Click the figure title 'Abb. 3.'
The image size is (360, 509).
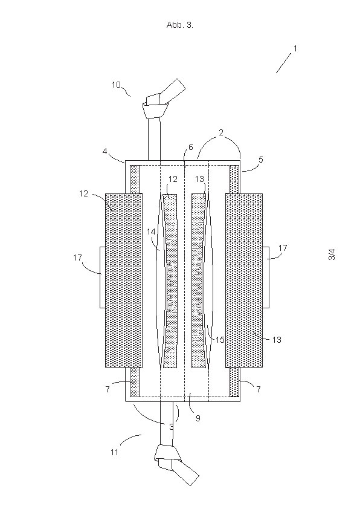pyautogui.click(x=179, y=25)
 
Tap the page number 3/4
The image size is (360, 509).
pyautogui.click(x=332, y=254)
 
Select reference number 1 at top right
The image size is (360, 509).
pyautogui.click(x=295, y=48)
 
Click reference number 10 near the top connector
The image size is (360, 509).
pyautogui.click(x=116, y=85)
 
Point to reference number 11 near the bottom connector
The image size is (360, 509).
pyautogui.click(x=115, y=452)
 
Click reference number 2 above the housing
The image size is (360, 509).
pyautogui.click(x=221, y=132)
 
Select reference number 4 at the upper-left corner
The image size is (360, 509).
pyautogui.click(x=104, y=151)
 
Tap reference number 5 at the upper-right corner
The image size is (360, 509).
pyautogui.click(x=261, y=160)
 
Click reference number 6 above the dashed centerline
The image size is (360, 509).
pyautogui.click(x=190, y=147)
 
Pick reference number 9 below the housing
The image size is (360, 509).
pyautogui.click(x=198, y=418)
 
